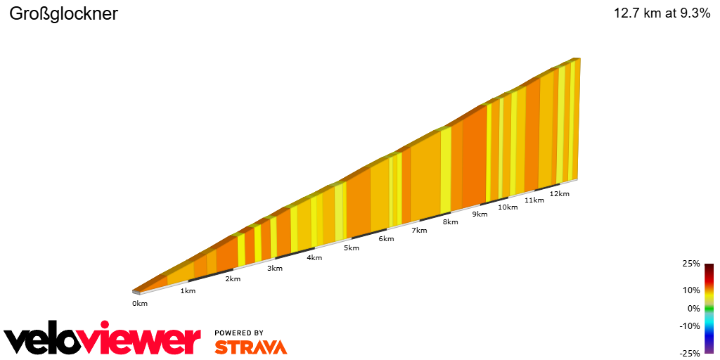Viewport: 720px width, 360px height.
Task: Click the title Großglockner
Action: point(63,13)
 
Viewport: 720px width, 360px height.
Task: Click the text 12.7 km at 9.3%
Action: point(662,13)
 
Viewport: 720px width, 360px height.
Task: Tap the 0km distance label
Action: point(140,303)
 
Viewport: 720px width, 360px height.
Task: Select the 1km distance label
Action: point(188,290)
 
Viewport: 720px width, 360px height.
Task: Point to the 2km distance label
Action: point(233,279)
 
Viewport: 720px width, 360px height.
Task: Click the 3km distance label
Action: point(274,268)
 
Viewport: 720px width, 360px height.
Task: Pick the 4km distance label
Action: point(314,257)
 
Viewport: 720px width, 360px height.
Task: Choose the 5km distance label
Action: point(352,247)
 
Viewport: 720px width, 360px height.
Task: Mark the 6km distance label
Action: point(386,239)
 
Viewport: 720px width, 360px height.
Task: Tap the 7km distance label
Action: point(419,230)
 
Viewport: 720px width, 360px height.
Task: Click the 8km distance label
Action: point(451,221)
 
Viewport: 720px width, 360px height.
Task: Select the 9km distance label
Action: point(480,214)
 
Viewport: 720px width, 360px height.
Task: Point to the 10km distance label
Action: point(508,207)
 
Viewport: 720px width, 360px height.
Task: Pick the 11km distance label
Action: point(534,200)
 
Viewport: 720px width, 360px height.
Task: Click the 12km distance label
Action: point(560,193)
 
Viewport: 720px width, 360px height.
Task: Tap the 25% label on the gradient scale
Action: point(692,264)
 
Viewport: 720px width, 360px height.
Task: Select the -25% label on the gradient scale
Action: point(690,353)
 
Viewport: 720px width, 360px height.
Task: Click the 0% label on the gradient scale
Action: point(693,308)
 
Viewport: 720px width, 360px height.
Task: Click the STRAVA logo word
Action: point(250,347)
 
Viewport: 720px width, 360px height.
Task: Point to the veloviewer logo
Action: point(102,340)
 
